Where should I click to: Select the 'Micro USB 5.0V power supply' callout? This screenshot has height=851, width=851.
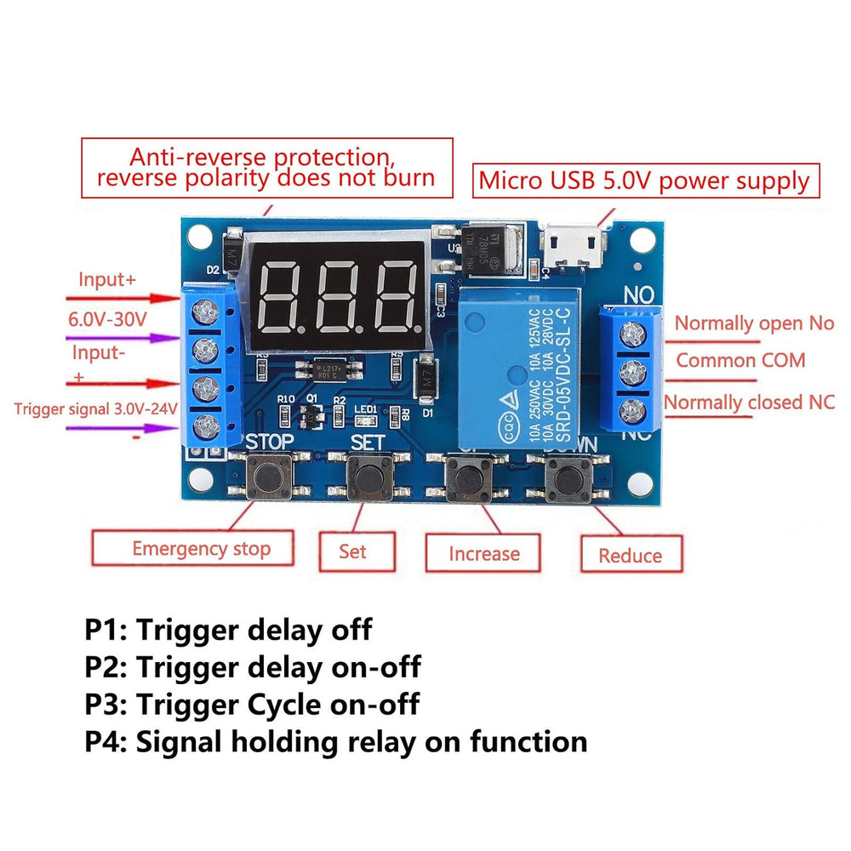point(645,180)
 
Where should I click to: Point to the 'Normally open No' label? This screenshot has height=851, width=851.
point(754,323)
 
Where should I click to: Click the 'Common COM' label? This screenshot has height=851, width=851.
point(740,360)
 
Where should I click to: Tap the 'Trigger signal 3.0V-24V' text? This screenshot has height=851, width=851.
point(95,408)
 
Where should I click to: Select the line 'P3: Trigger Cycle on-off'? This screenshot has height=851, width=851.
point(252,705)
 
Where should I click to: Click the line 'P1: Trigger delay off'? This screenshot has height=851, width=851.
point(228,631)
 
